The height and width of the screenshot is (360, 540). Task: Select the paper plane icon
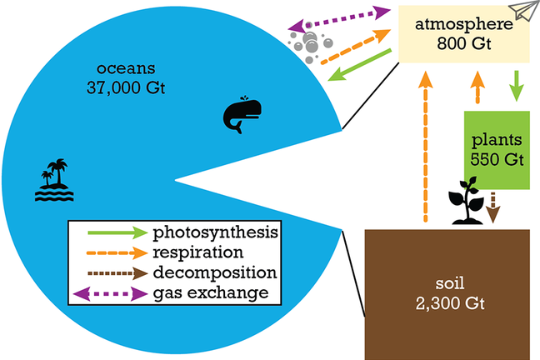[522, 12]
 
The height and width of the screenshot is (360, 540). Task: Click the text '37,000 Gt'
[126, 85]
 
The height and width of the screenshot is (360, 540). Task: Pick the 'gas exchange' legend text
[210, 292]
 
